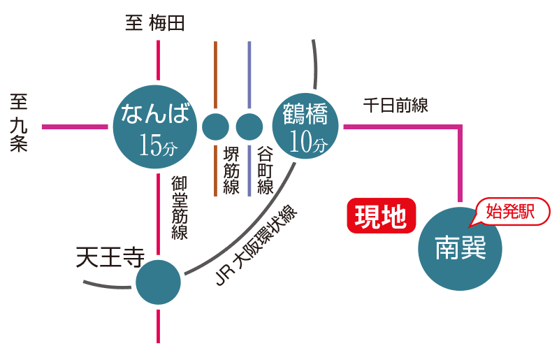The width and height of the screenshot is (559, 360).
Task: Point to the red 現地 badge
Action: click(x=381, y=216)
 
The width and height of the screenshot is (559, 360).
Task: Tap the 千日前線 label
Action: click(x=395, y=106)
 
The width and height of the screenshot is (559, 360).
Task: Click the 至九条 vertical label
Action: click(x=19, y=124)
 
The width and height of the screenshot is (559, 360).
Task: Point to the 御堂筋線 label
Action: click(x=180, y=208)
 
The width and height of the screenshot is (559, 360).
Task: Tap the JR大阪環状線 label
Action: click(x=255, y=245)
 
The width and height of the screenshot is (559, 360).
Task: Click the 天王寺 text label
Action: click(x=108, y=258)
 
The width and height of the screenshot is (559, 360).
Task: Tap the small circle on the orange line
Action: click(x=215, y=127)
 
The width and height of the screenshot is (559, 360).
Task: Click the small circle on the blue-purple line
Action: click(x=249, y=127)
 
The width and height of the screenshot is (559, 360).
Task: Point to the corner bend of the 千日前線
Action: click(x=461, y=127)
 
